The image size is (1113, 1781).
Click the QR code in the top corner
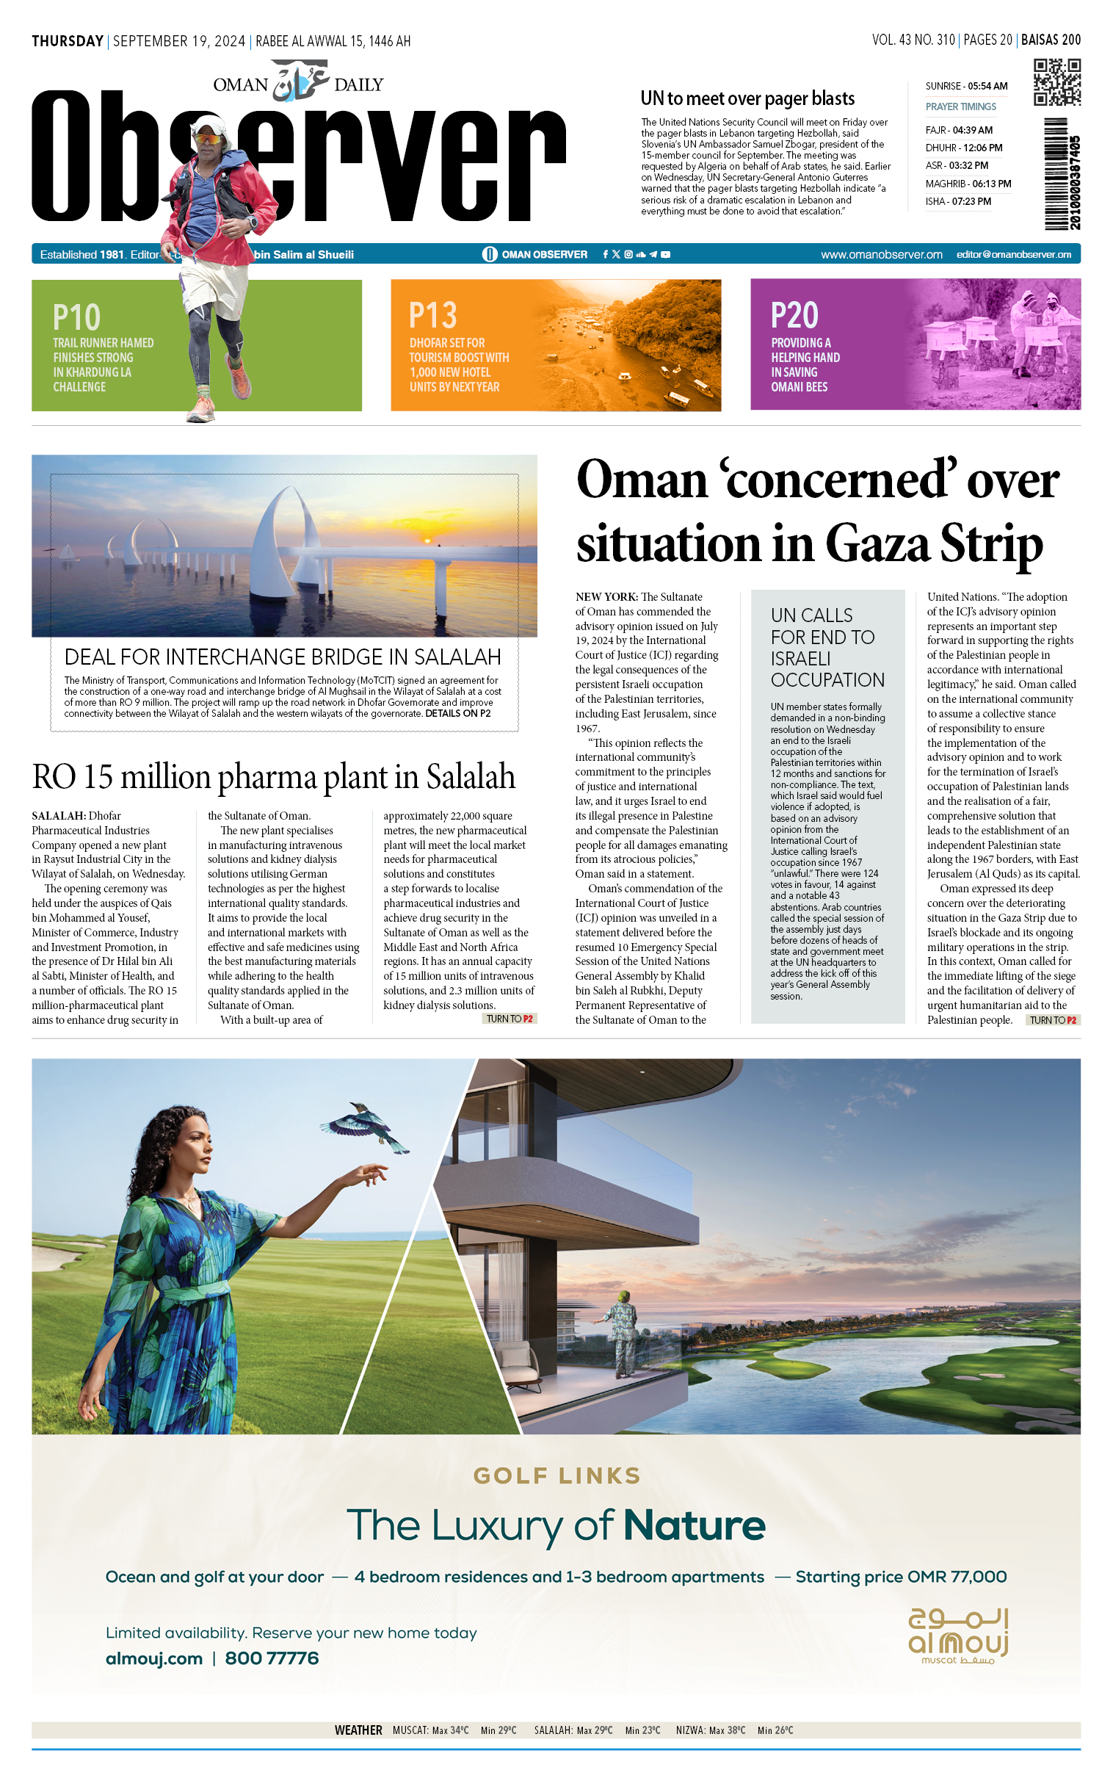pyautogui.click(x=1056, y=82)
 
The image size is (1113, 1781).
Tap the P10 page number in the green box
pyautogui.click(x=76, y=318)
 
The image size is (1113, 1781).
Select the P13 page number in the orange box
pyautogui.click(x=433, y=316)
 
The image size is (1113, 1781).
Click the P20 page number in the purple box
pyautogui.click(x=794, y=316)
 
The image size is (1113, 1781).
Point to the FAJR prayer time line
pyautogui.click(x=958, y=130)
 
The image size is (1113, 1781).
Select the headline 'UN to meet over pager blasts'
pyautogui.click(x=747, y=98)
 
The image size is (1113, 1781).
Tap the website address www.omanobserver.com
pyautogui.click(x=881, y=255)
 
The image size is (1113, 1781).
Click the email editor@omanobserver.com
pyautogui.click(x=1013, y=255)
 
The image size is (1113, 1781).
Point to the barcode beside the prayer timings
pyautogui.click(x=1056, y=174)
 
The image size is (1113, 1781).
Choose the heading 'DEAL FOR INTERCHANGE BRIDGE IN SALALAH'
pyautogui.click(x=283, y=657)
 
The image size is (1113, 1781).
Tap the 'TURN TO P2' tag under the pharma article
pyautogui.click(x=510, y=1019)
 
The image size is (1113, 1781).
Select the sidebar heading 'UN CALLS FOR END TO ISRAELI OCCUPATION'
pyautogui.click(x=827, y=647)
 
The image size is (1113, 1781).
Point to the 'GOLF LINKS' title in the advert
pyautogui.click(x=556, y=1476)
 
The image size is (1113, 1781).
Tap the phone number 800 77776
pyautogui.click(x=272, y=1658)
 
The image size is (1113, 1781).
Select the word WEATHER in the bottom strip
pyautogui.click(x=358, y=1730)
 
